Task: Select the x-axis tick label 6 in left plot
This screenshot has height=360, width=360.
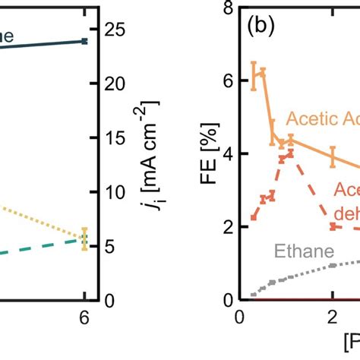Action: (x=85, y=320)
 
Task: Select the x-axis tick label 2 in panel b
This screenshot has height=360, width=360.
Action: (x=332, y=320)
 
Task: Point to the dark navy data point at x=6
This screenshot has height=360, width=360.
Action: (x=85, y=41)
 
